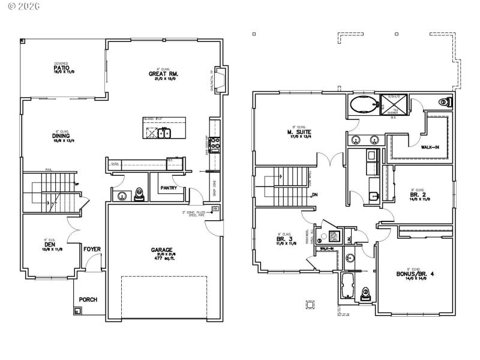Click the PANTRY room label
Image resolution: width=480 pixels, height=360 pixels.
tap(169, 188)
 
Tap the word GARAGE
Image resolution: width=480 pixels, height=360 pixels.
tap(162, 250)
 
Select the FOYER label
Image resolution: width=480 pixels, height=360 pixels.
tap(91, 249)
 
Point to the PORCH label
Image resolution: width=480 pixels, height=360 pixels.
tap(88, 299)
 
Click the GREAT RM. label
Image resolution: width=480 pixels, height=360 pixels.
tap(164, 74)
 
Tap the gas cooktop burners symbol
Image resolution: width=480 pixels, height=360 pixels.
tap(215, 142)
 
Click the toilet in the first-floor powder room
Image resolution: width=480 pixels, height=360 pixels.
tap(139, 194)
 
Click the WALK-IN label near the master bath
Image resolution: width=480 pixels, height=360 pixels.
tap(430, 146)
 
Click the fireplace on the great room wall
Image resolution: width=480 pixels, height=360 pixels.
tap(220, 81)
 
